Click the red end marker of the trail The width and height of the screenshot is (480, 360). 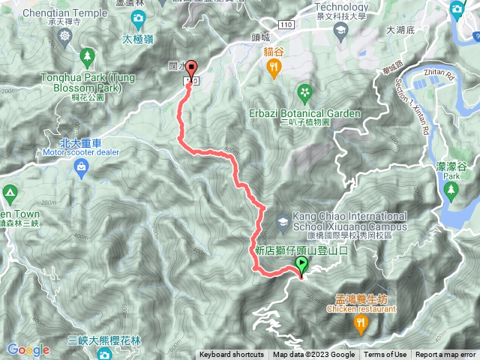pyautogui.click(x=190, y=68)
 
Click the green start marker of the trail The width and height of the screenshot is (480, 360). pyautogui.click(x=301, y=264)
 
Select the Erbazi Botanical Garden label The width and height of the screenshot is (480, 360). pyautogui.click(x=304, y=113)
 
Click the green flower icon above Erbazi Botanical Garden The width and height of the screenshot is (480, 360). pyautogui.click(x=304, y=93)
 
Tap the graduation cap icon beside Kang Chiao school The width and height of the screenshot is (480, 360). pyautogui.click(x=282, y=220)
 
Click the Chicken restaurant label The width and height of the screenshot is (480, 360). pyautogui.click(x=361, y=307)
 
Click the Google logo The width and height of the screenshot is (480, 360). pyautogui.click(x=28, y=349)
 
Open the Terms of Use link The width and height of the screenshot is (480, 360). pyautogui.click(x=385, y=355)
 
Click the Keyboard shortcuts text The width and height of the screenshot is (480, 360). pyautogui.click(x=232, y=355)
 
